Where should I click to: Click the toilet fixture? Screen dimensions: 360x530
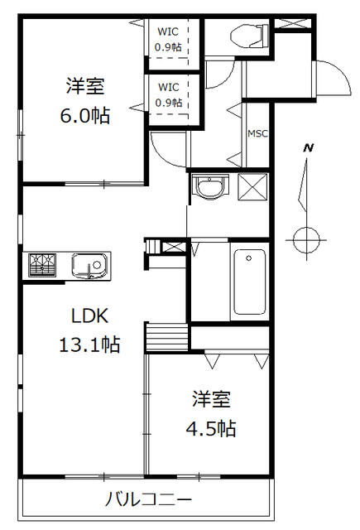tap(250, 35)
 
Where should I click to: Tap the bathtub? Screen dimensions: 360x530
tap(250, 282)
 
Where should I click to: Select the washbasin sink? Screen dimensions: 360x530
tap(209, 186)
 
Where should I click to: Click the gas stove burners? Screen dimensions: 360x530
tap(42, 265)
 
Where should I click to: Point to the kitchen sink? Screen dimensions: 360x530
tap(90, 266)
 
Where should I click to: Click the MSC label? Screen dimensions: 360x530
tap(257, 134)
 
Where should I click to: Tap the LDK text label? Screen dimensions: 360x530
tap(89, 316)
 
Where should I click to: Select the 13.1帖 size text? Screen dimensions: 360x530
tap(89, 344)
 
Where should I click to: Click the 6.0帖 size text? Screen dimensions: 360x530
tap(85, 116)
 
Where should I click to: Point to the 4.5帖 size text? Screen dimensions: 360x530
tap(211, 429)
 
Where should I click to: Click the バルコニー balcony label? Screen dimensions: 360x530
tap(148, 499)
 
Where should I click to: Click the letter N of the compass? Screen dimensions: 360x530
tap(309, 147)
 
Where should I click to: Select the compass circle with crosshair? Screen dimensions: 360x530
tap(306, 240)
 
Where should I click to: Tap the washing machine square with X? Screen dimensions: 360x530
tap(252, 187)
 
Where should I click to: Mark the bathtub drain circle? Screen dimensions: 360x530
tap(249, 258)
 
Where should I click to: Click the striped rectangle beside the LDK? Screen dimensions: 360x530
tap(167, 337)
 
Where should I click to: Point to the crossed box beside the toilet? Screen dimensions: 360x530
tap(292, 24)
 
